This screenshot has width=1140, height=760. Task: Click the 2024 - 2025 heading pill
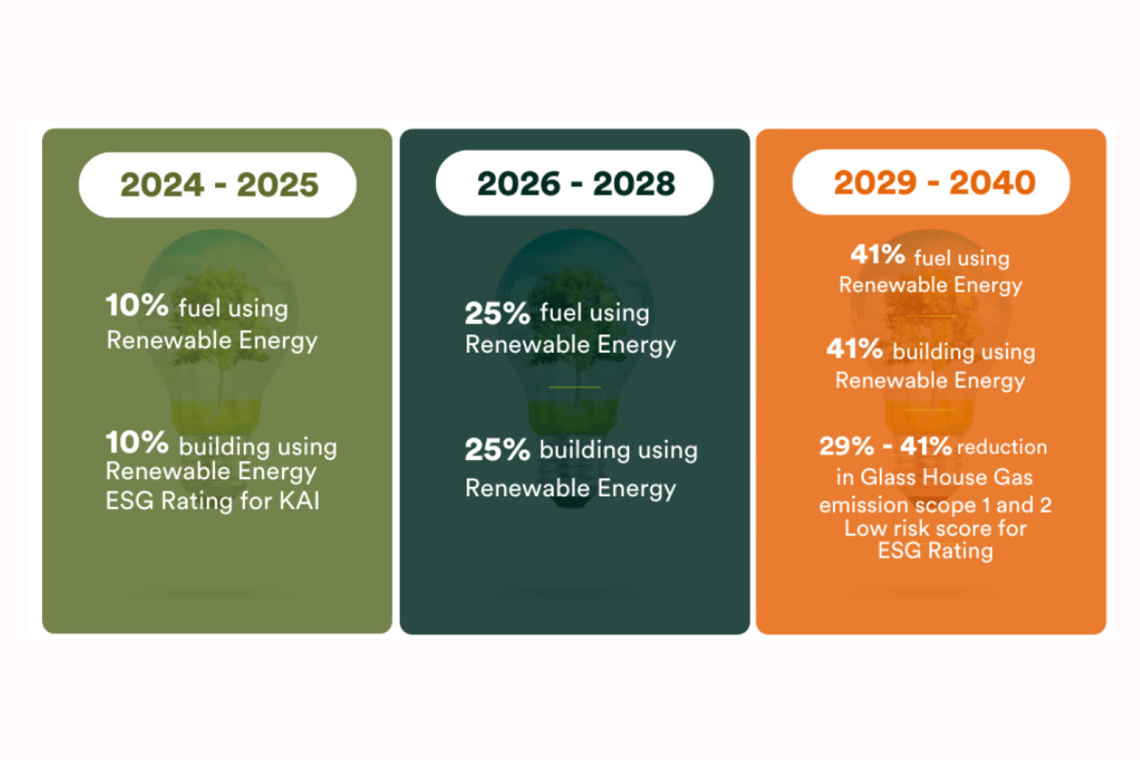(x=217, y=185)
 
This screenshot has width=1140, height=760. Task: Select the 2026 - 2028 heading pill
(x=574, y=183)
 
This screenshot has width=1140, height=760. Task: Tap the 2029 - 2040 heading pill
(x=931, y=183)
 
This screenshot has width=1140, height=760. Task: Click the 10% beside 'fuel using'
(x=137, y=305)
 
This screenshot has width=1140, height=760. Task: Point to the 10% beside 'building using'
(x=137, y=443)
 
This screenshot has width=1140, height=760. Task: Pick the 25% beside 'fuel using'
(x=497, y=313)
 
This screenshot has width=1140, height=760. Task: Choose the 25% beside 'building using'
(x=497, y=450)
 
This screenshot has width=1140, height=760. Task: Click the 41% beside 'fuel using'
(x=878, y=255)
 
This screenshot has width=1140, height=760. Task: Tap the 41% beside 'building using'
(x=854, y=349)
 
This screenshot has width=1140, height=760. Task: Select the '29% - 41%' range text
(x=885, y=446)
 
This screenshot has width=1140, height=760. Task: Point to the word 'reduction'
(x=1002, y=447)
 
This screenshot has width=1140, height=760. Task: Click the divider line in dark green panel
(x=574, y=387)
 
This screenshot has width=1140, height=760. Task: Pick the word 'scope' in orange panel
(x=945, y=505)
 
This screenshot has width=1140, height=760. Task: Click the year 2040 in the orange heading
(x=992, y=183)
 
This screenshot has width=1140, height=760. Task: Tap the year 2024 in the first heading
(x=162, y=185)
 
